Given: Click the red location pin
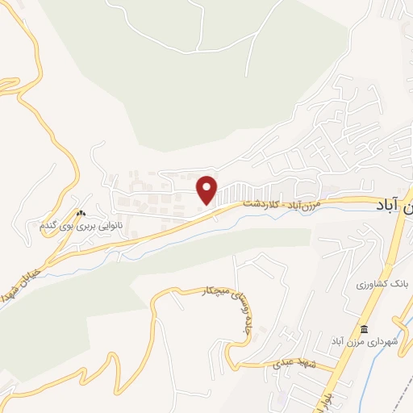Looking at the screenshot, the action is pyautogui.click(x=207, y=189).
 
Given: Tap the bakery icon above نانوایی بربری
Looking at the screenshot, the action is pyautogui.click(x=80, y=214).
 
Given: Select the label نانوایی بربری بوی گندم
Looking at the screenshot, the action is pyautogui.click(x=81, y=227).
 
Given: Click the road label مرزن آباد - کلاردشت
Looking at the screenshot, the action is pyautogui.click(x=296, y=205).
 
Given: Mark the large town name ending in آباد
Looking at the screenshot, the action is pyautogui.click(x=393, y=206).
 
